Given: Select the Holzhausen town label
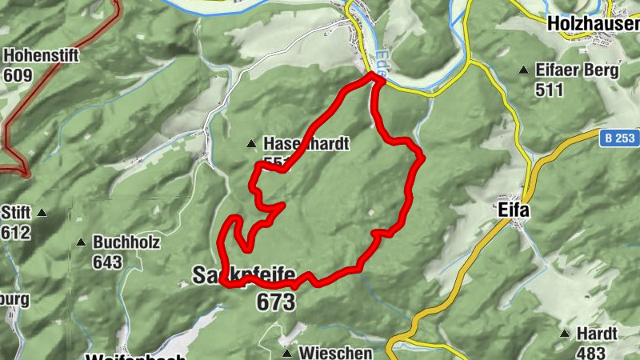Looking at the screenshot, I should [593, 25].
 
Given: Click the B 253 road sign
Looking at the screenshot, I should [619, 138].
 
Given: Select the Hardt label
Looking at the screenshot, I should [598, 333].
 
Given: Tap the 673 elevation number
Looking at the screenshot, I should [275, 302].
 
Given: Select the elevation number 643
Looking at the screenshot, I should [107, 262].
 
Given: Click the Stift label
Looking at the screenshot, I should [15, 213].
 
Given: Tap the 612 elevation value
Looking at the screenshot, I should [15, 233].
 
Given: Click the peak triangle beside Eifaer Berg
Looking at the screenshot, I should [523, 70].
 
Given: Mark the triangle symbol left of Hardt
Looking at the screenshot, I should [565, 333].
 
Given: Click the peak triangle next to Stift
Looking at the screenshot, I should [42, 213].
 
